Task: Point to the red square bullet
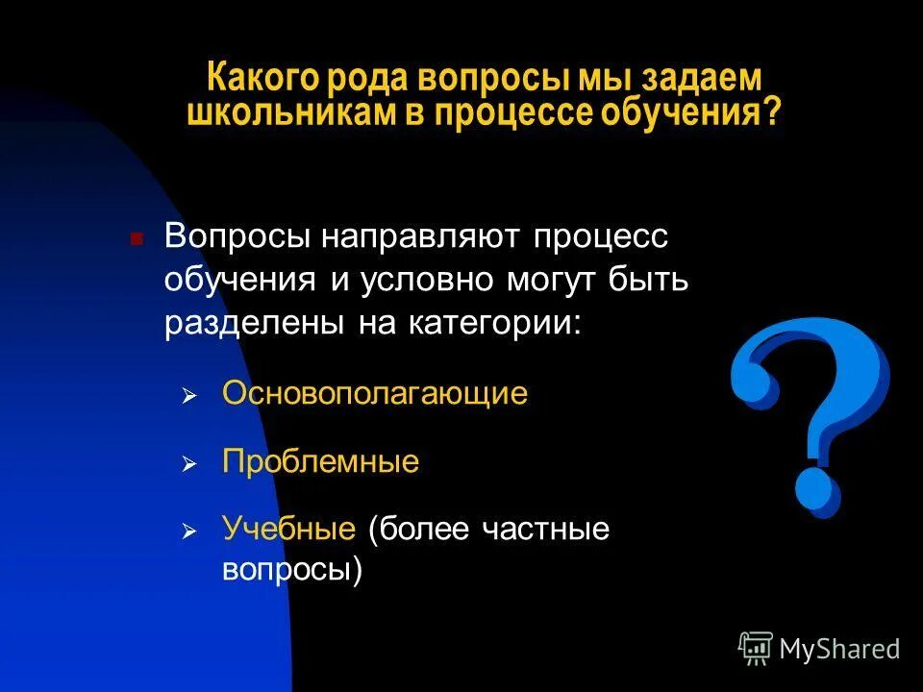pos(137,238)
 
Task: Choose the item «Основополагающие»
pos(375,393)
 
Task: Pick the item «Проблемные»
pos(320,461)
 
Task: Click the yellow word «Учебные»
pos(289,529)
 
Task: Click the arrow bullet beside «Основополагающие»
pos(189,396)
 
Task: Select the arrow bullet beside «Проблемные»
pos(189,464)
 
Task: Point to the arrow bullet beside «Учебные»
pos(189,531)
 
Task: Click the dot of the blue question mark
pos(817,491)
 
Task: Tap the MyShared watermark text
pos(839,649)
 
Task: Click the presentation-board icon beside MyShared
pos(756,649)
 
